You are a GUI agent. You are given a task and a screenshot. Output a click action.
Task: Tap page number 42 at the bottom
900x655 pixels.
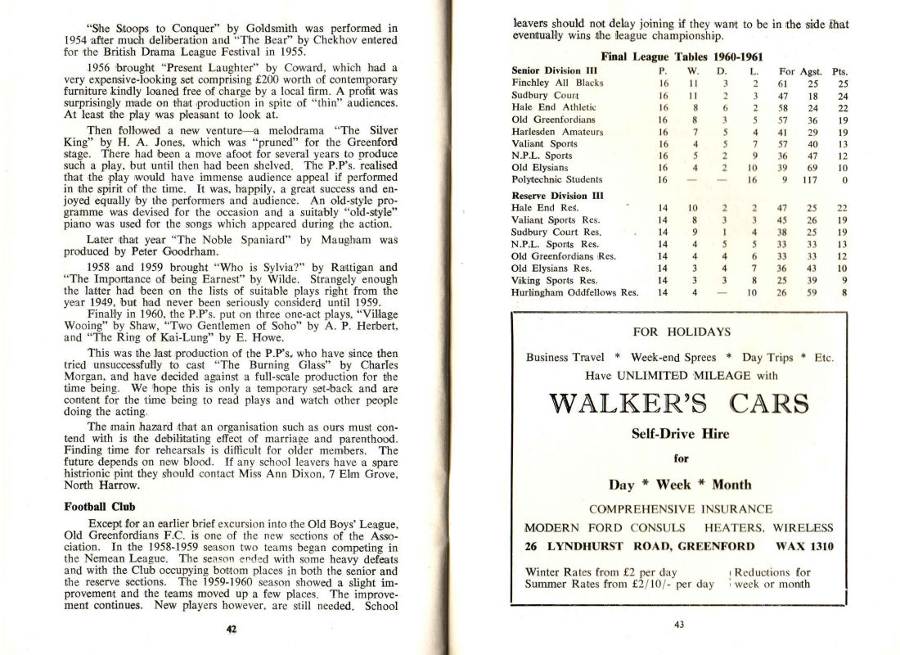[x=231, y=629]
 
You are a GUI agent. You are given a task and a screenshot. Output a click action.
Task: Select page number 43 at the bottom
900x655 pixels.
[x=678, y=625]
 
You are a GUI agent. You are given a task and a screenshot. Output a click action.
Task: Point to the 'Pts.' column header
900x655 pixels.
[x=839, y=71]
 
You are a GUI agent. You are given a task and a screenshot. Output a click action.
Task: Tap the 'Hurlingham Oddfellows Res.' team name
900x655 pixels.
[x=574, y=292]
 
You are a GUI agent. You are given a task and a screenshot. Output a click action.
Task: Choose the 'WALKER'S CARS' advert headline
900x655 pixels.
[x=678, y=404]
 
